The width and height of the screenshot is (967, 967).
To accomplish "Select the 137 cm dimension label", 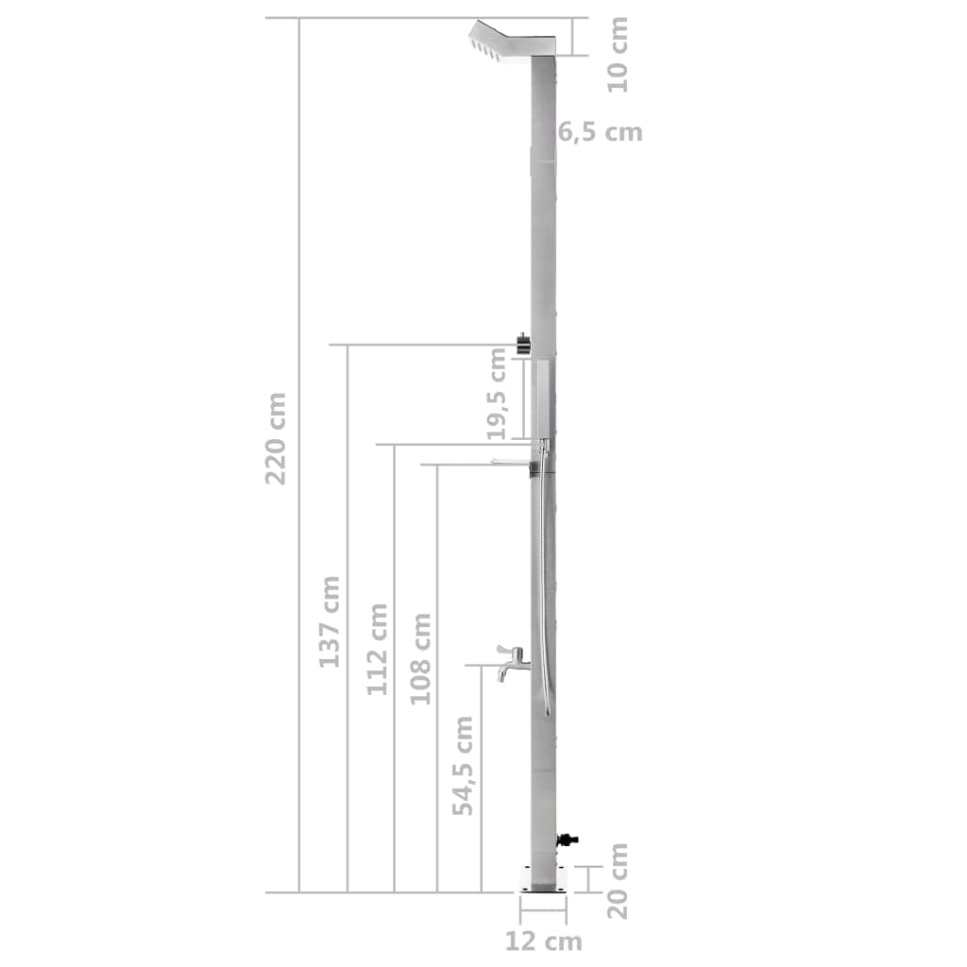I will pyautogui.click(x=329, y=620).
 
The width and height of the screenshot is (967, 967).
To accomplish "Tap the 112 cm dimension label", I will pyautogui.click(x=378, y=649).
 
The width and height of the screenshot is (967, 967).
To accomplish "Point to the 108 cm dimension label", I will pyautogui.click(x=421, y=658).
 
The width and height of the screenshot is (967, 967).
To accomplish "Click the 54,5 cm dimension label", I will pyautogui.click(x=463, y=765).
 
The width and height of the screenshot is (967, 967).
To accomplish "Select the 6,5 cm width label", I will pyautogui.click(x=600, y=132).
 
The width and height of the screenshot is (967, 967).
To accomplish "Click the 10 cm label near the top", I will pyautogui.click(x=618, y=54).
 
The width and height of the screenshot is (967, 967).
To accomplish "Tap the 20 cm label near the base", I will pyautogui.click(x=618, y=880).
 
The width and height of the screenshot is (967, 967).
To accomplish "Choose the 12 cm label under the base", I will pyautogui.click(x=543, y=941).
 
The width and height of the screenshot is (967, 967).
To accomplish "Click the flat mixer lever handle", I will pyautogui.click(x=511, y=461).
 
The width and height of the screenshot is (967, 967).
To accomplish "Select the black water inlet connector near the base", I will pyautogui.click(x=568, y=838).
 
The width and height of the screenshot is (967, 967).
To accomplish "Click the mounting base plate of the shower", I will pyautogui.click(x=543, y=877).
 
